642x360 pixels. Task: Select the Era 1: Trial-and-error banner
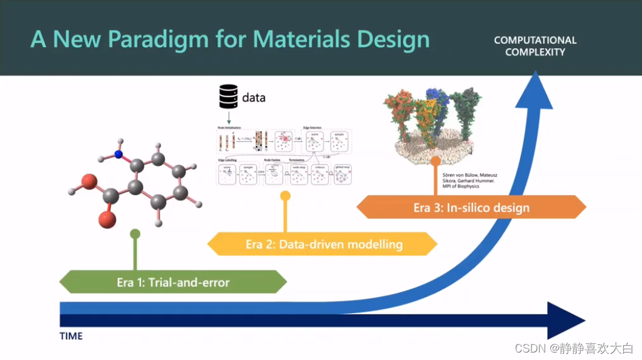coord(173,282)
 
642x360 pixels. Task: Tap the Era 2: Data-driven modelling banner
coord(323,244)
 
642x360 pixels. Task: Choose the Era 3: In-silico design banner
coord(471,208)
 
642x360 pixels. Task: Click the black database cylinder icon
coord(228,97)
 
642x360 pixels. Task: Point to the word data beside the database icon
coord(254,98)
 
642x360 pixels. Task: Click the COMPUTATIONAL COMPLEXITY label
coord(535,46)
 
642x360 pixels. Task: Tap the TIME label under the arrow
coord(71,336)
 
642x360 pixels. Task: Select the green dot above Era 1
coord(135,234)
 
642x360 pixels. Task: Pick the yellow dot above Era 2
coord(285,196)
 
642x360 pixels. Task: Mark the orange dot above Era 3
coord(435,160)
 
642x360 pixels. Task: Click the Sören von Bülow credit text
coord(468,180)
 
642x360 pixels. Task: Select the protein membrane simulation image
coord(434,121)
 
